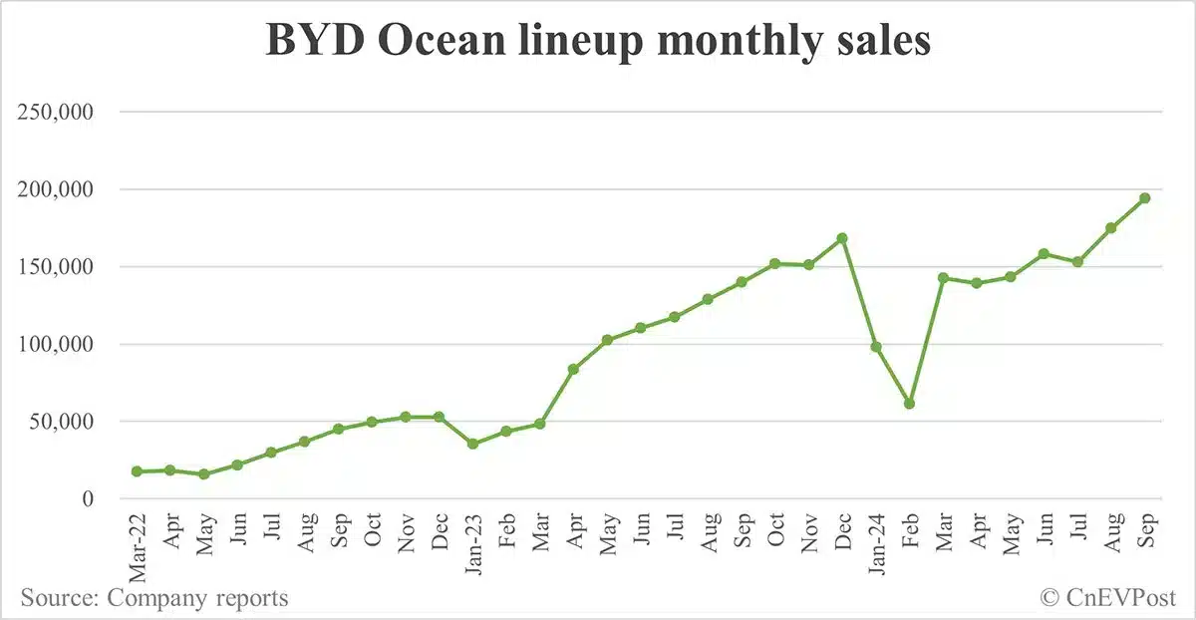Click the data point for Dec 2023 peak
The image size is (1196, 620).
pos(842,238)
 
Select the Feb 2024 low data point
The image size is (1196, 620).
pos(909,404)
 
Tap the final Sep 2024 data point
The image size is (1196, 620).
pos(1145,198)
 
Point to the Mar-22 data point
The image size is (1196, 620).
pos(137,471)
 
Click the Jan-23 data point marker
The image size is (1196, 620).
pos(473,444)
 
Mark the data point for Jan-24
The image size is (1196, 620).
pos(876,347)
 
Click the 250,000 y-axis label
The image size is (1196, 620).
pos(56,113)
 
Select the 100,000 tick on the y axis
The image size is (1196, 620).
pos(56,344)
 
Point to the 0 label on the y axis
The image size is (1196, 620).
pos(87,498)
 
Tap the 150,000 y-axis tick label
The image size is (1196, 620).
pos(56,267)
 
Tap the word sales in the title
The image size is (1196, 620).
pos(881,42)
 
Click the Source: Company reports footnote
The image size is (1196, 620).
pos(154,598)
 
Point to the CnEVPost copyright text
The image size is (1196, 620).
pos(1108,598)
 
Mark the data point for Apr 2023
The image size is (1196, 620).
pos(573,369)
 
